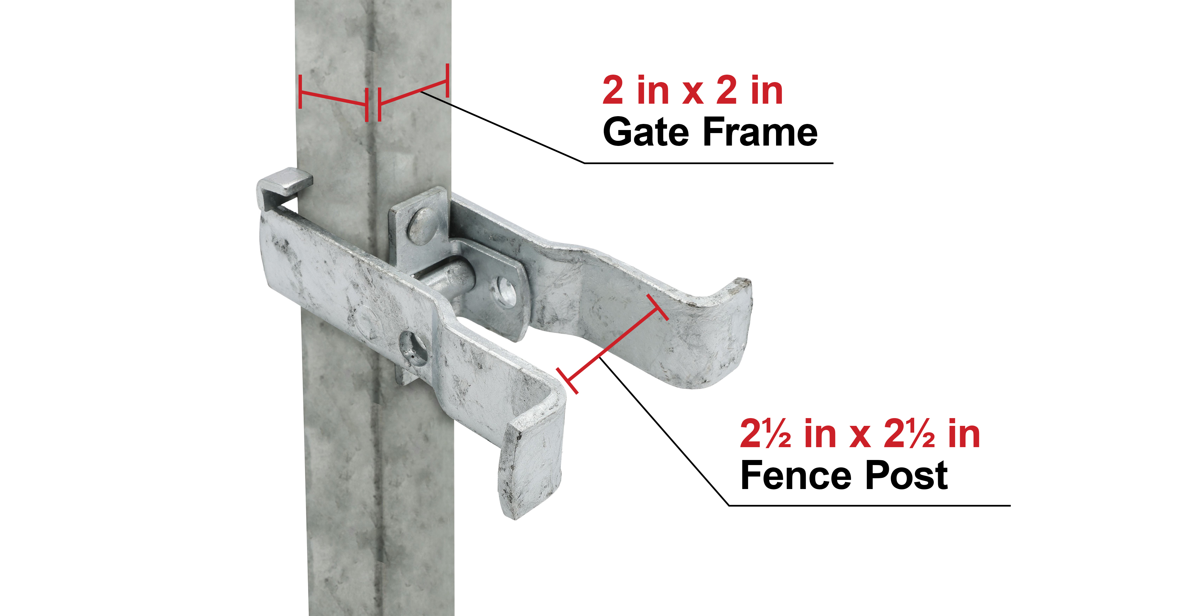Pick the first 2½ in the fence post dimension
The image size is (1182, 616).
tap(765, 433)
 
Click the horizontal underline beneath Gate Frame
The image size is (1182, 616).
tap(709, 163)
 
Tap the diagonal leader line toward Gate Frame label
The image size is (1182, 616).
tap(503, 127)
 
